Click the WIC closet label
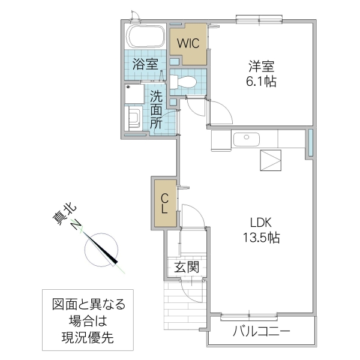[x=187, y=44]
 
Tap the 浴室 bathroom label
[x=146, y=64]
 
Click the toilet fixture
[x=184, y=82]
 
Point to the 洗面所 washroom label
[x=156, y=110]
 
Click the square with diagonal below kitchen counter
[x=270, y=161]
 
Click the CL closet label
[x=165, y=203]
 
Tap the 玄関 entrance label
[x=186, y=268]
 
